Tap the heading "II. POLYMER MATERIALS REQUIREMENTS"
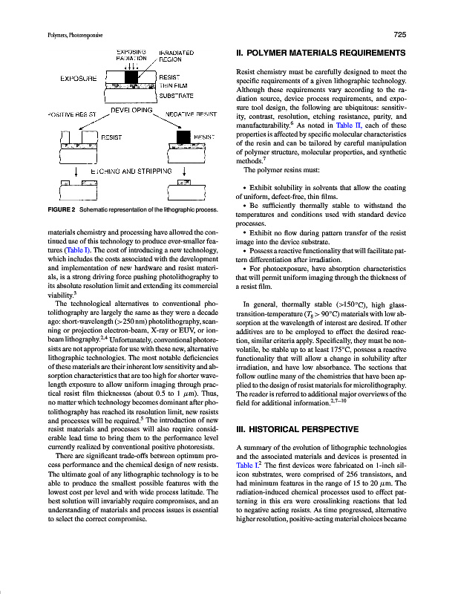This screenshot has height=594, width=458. click(320, 53)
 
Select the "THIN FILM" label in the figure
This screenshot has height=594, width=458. click(176, 86)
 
